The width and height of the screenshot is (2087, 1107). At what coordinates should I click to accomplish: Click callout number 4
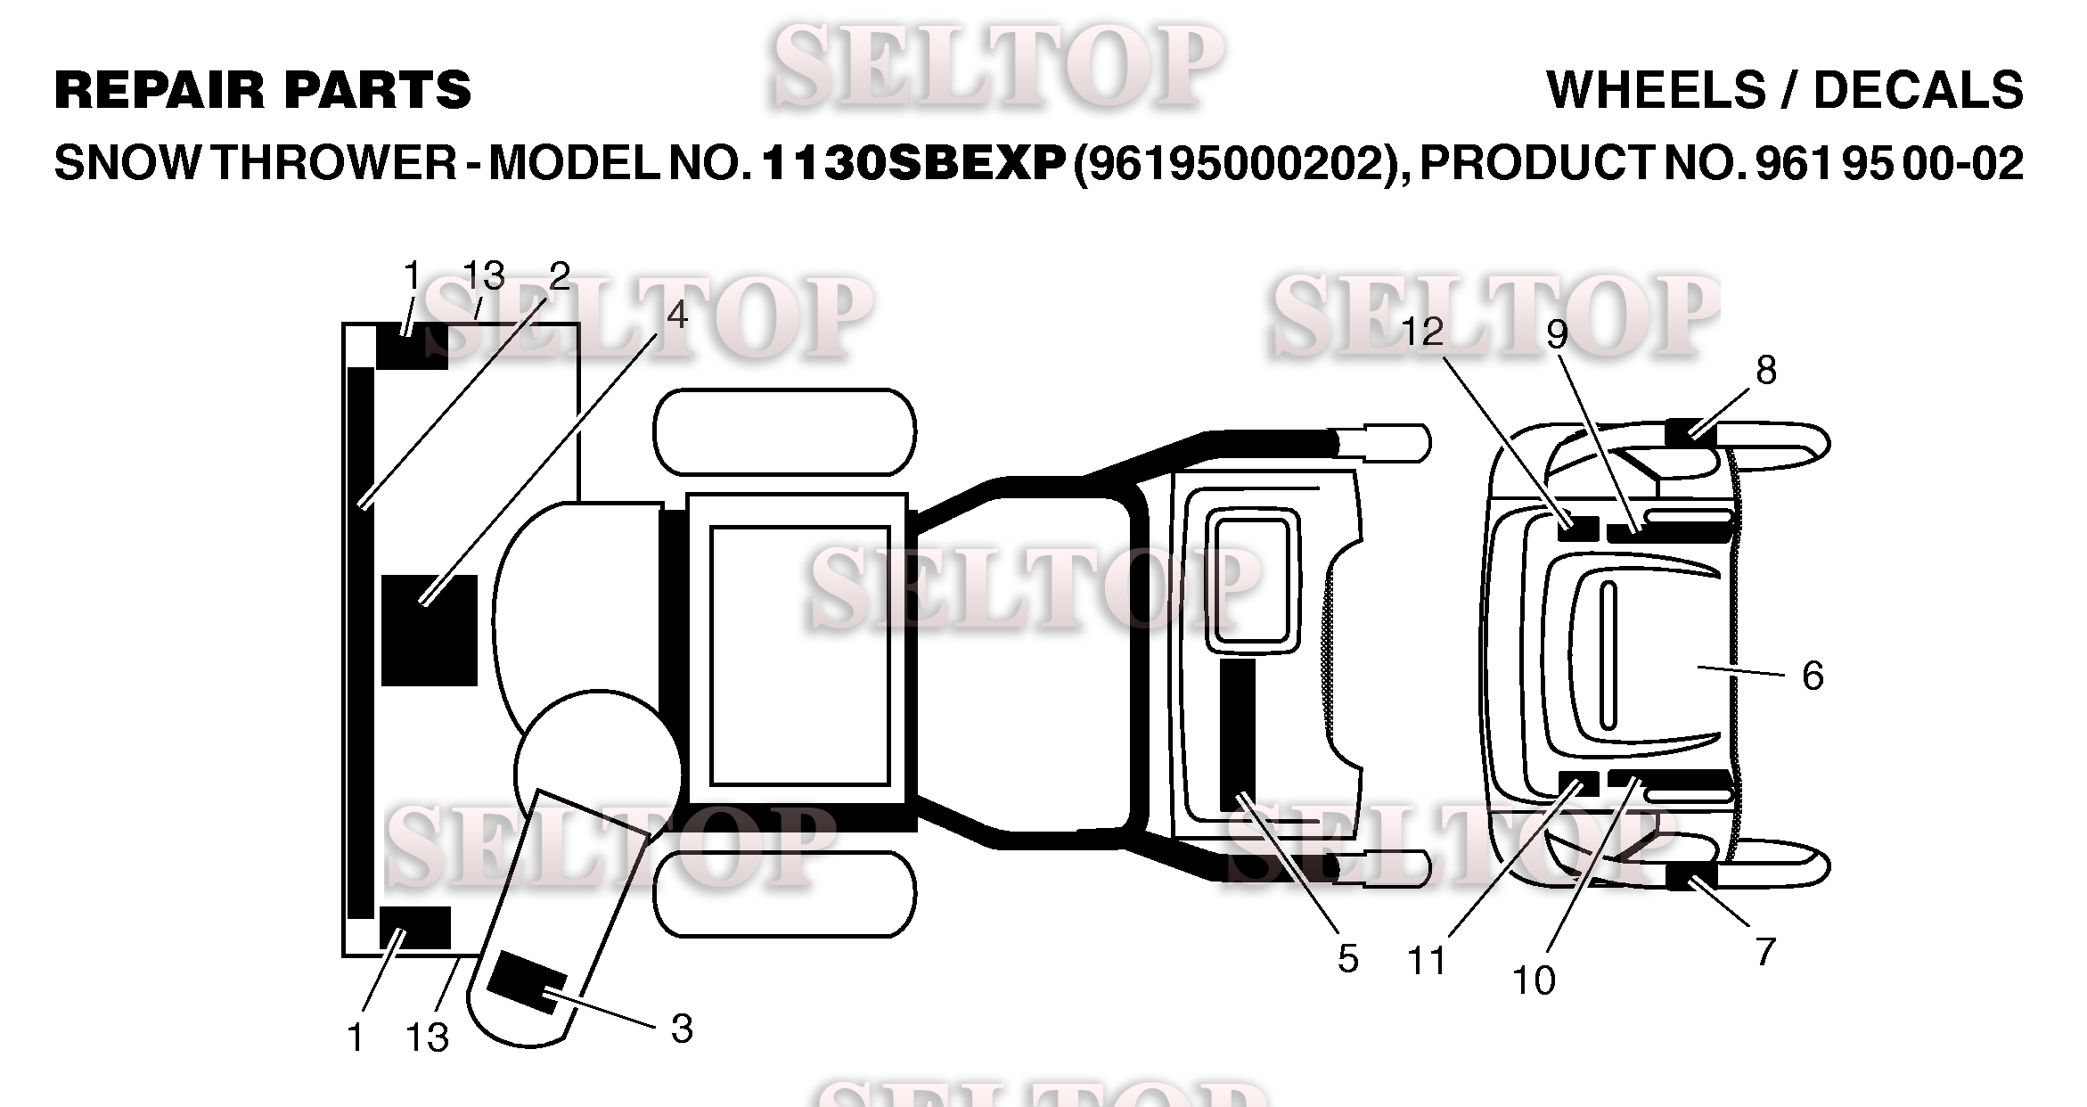tap(677, 315)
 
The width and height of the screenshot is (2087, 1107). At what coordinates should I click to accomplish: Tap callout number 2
tap(559, 277)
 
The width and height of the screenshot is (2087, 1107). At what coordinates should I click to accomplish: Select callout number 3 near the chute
tap(682, 1029)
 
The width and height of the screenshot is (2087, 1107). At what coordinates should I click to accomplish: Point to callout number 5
tap(1347, 959)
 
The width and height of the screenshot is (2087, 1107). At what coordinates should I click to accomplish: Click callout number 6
tap(1813, 676)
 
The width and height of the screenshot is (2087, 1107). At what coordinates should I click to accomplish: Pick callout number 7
tap(1765, 952)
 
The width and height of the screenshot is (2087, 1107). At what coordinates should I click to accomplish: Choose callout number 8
tap(1765, 371)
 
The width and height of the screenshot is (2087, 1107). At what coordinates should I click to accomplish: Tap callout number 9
tap(1557, 334)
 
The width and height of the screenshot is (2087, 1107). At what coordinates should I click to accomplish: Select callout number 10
tap(1534, 980)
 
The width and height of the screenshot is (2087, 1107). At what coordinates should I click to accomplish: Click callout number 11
tap(1426, 962)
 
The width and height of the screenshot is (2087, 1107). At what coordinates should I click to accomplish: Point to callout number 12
tap(1422, 332)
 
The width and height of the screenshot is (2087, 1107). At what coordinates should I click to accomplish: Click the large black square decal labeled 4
tap(429, 630)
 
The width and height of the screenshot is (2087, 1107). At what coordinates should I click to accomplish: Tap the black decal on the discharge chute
tap(527, 981)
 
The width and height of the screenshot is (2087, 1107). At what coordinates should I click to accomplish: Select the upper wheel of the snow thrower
tap(784, 432)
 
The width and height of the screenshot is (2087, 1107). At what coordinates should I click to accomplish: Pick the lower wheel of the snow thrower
tap(784, 893)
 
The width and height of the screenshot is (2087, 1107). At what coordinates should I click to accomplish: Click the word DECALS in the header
tap(1918, 91)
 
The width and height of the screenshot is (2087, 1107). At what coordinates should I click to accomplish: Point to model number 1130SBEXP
tap(914, 163)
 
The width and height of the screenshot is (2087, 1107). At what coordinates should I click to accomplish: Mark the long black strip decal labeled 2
tap(360, 642)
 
